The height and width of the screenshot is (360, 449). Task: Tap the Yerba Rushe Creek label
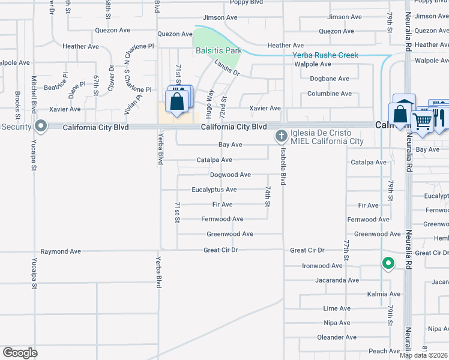click(x=325, y=55)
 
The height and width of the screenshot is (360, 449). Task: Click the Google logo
click(x=20, y=353)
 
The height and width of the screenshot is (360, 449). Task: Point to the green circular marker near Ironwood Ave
click(x=388, y=263)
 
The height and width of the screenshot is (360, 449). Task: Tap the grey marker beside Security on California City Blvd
click(x=41, y=126)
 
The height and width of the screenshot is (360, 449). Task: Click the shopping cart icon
click(x=422, y=120)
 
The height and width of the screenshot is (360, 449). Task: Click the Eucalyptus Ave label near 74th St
click(x=214, y=190)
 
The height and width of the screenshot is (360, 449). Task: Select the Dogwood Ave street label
click(x=231, y=175)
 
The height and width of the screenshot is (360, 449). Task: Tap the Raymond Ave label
click(x=60, y=251)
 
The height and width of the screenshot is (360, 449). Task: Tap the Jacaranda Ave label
click(x=337, y=280)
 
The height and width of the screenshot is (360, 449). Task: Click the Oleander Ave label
click(x=337, y=338)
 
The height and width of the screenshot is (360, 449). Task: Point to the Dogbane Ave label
click(x=329, y=79)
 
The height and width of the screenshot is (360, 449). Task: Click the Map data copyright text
click(x=424, y=355)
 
